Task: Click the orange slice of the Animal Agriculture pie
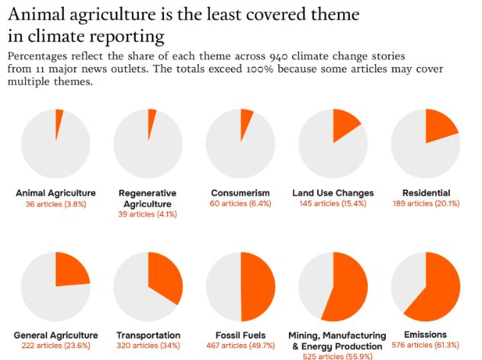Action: [59, 122]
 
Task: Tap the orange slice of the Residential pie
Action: [440, 125]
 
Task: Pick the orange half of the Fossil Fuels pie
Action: [258, 287]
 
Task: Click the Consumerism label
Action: [240, 193]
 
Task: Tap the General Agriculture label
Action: [56, 336]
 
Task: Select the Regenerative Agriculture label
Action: [148, 198]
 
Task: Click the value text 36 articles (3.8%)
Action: [56, 204]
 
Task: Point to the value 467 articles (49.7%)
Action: [240, 346]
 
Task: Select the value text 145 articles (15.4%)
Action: [333, 204]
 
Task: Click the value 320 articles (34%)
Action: [148, 346]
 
